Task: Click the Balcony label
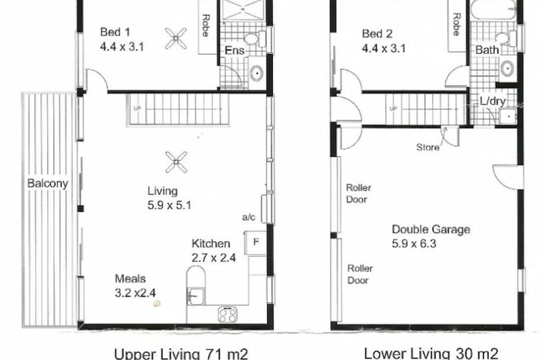pos(48,184)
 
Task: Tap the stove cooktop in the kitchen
pos(230,314)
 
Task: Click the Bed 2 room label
pos(378,32)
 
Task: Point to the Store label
pos(428,148)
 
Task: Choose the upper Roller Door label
pos(359,193)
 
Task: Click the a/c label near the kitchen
pos(250,216)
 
